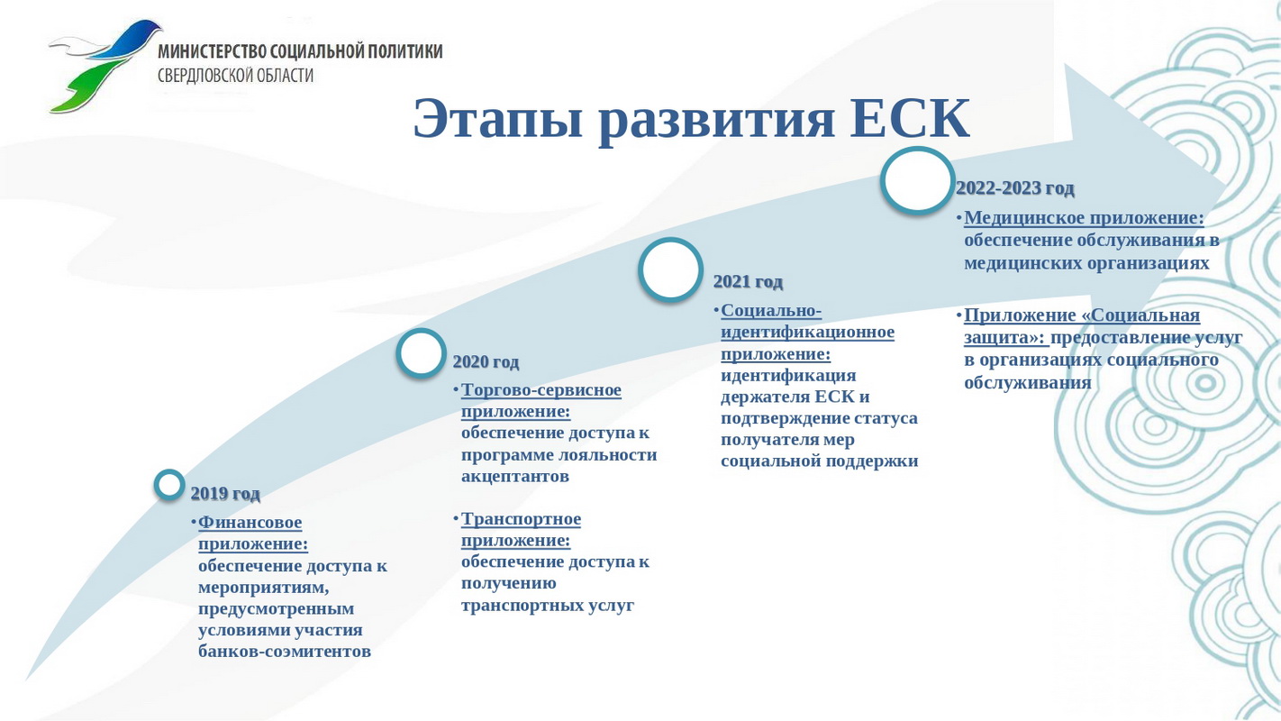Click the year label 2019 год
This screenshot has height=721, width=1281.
click(x=225, y=493)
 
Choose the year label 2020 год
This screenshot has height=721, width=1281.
click(x=486, y=361)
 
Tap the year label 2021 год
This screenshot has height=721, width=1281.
click(x=748, y=281)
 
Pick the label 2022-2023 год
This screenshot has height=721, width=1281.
click(x=1015, y=187)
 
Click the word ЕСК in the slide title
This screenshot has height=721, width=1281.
click(x=910, y=118)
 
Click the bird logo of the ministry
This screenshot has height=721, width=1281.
click(x=104, y=66)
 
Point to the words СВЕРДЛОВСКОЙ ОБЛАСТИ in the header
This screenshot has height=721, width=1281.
click(x=236, y=76)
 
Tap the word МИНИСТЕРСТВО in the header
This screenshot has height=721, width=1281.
click(x=213, y=51)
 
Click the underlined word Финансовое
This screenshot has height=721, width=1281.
click(x=250, y=522)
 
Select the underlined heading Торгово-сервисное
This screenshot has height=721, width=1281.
click(x=541, y=389)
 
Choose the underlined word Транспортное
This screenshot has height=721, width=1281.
click(x=521, y=519)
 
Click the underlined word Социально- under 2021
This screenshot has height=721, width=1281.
click(x=771, y=311)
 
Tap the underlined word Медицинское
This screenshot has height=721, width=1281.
click(x=1024, y=218)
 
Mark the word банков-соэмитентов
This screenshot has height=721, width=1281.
click(x=285, y=652)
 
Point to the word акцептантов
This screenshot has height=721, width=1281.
click(x=514, y=477)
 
